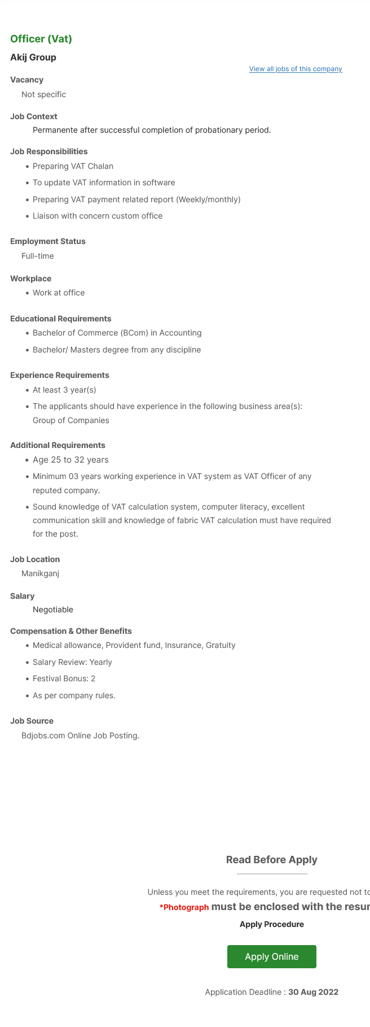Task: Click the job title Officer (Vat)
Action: pos(41,39)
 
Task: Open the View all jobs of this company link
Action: pos(296,69)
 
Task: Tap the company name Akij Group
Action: pos(33,58)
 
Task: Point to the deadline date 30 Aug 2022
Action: pos(313,992)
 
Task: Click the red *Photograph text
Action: pos(184,907)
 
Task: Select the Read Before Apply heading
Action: pos(271,860)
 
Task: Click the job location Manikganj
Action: pos(40,573)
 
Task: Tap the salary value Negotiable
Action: pos(53,610)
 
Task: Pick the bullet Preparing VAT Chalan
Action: pos(73,166)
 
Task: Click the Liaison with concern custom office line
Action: pos(98,216)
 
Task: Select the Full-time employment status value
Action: pos(38,256)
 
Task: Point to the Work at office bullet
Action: pos(59,293)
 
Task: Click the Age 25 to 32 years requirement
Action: pos(71,460)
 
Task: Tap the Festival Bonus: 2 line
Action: pos(64,678)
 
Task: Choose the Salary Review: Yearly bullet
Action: pos(72,662)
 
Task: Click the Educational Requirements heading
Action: pos(61,319)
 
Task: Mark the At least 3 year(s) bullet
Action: pos(64,390)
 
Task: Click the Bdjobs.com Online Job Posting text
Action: pos(80,736)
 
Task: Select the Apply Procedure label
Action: pos(271,924)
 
